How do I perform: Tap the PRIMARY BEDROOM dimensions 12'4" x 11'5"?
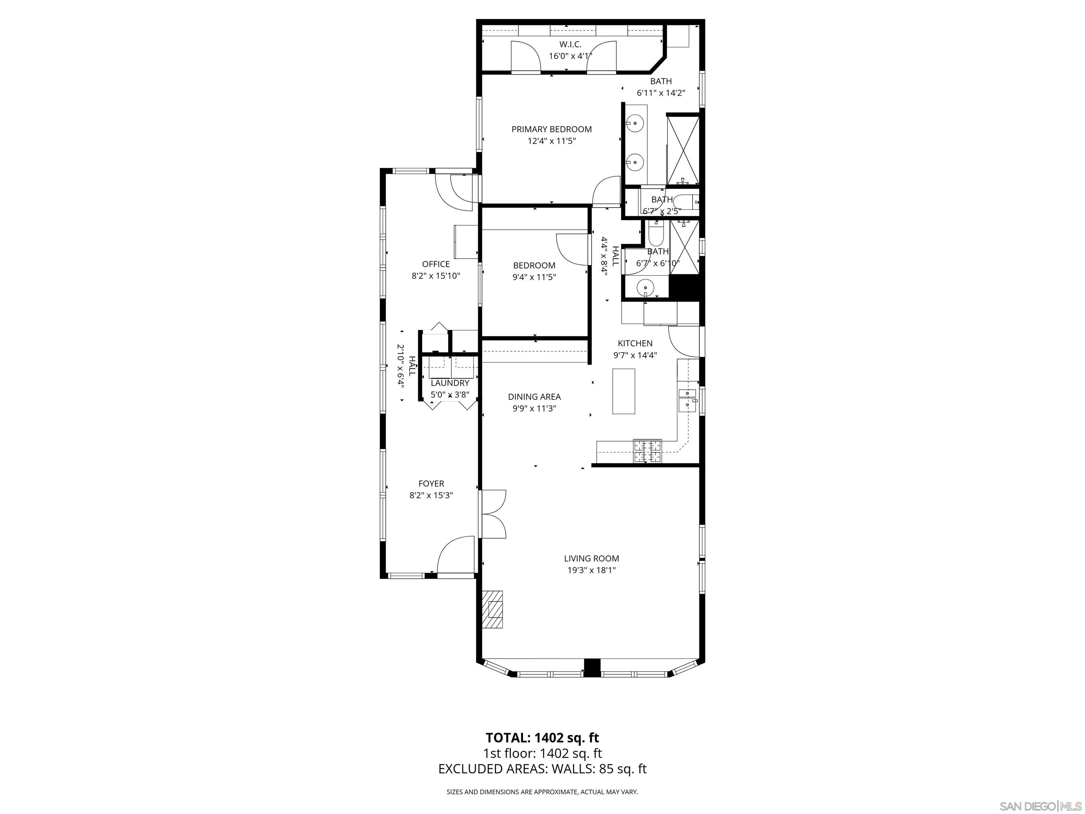[551, 141]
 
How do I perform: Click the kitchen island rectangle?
[623, 391]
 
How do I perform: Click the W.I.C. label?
[570, 44]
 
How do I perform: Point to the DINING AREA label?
[534, 396]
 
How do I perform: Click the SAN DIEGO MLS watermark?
[1040, 806]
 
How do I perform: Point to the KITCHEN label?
[635, 343]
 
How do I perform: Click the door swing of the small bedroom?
[571, 248]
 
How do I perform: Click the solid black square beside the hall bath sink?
[684, 288]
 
